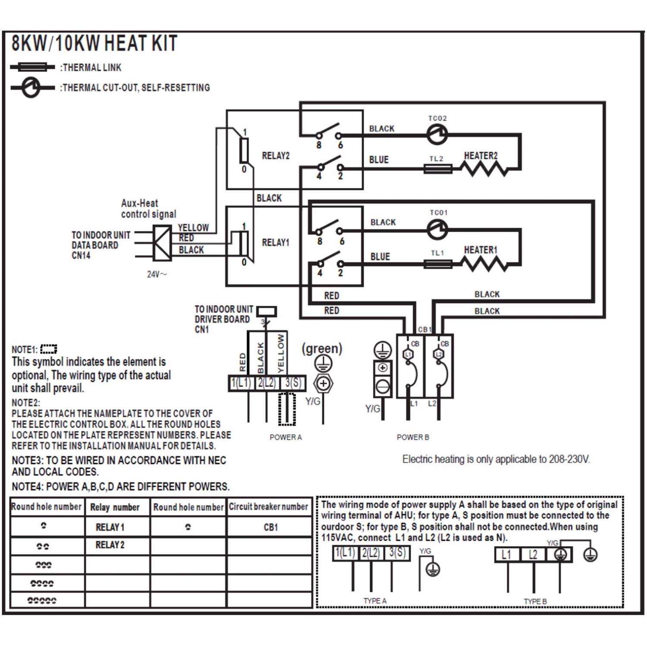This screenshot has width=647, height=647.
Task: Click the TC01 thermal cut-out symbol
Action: click(x=437, y=229)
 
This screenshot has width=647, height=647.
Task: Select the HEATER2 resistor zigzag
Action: click(x=485, y=168)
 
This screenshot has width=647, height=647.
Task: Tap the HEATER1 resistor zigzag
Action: click(x=485, y=264)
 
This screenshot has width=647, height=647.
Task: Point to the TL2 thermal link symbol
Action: click(x=438, y=169)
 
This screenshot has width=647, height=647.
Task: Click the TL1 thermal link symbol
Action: click(x=438, y=264)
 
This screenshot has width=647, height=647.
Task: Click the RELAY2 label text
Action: click(x=276, y=155)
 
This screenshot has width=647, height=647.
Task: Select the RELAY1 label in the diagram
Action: click(x=276, y=242)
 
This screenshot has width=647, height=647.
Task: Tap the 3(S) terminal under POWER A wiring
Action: click(x=292, y=383)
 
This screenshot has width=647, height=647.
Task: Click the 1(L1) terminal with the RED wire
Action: click(x=241, y=383)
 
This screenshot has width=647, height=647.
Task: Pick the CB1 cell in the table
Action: click(x=270, y=527)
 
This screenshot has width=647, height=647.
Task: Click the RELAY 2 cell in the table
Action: click(x=110, y=545)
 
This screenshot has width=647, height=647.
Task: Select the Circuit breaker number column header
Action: click(x=268, y=507)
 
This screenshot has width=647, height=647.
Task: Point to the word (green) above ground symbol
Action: click(x=322, y=349)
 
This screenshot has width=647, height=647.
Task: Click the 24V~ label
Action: click(x=157, y=274)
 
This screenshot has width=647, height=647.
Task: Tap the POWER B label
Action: click(x=413, y=437)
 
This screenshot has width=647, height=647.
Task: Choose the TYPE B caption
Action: click(x=535, y=601)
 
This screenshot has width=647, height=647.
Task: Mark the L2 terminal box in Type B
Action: click(x=533, y=555)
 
